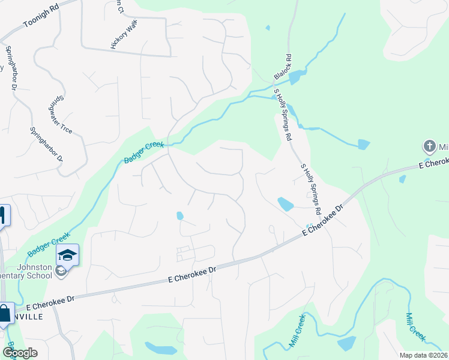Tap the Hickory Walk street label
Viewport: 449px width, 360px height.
124,37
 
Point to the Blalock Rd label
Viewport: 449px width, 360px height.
284,67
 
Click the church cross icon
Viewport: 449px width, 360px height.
430,146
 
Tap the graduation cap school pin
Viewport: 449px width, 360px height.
68,256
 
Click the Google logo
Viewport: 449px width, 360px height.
20,353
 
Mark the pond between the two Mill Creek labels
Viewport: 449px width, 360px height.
347,343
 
